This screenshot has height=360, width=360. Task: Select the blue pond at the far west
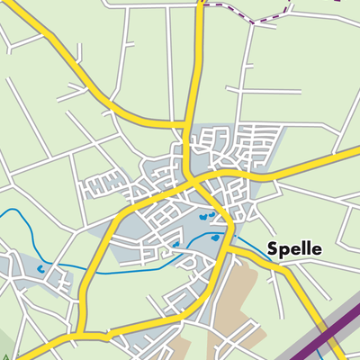(x=43, y=268)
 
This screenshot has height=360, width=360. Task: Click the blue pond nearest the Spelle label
(x=215, y=238)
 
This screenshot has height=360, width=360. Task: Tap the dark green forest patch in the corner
(x=4, y=346)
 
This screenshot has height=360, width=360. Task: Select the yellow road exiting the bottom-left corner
(x=27, y=345)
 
